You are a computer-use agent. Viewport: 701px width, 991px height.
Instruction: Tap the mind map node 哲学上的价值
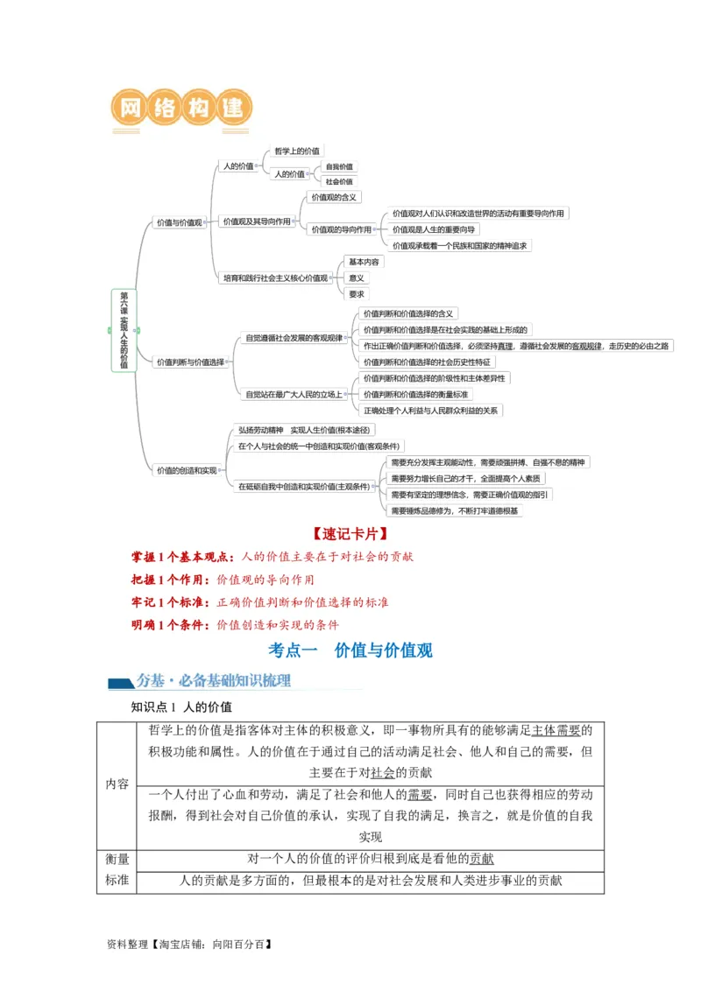[296, 151]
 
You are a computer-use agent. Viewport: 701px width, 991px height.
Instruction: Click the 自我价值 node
[339, 166]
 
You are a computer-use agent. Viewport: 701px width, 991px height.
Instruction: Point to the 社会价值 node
[339, 181]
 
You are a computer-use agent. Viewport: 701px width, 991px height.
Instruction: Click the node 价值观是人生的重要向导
[434, 229]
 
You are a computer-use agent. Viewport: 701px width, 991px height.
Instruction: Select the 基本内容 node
[364, 262]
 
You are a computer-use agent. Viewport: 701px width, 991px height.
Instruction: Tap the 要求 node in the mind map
[357, 294]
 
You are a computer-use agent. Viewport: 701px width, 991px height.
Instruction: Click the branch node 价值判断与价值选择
[190, 362]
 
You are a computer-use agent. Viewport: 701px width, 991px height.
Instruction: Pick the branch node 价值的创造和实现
[187, 470]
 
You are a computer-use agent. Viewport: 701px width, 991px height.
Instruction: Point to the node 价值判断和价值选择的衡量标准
[427, 394]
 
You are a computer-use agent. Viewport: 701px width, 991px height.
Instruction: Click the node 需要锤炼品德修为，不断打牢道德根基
[455, 510]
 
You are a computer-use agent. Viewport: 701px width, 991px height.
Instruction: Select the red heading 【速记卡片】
[350, 533]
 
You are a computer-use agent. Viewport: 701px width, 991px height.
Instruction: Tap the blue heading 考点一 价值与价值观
[350, 650]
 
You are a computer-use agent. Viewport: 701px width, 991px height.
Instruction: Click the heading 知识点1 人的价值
[181, 706]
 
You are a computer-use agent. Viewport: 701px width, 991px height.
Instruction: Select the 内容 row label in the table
[117, 784]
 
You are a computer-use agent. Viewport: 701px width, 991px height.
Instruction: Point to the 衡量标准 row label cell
[117, 870]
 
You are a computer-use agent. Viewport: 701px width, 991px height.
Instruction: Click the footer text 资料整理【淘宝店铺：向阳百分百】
[188, 945]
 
